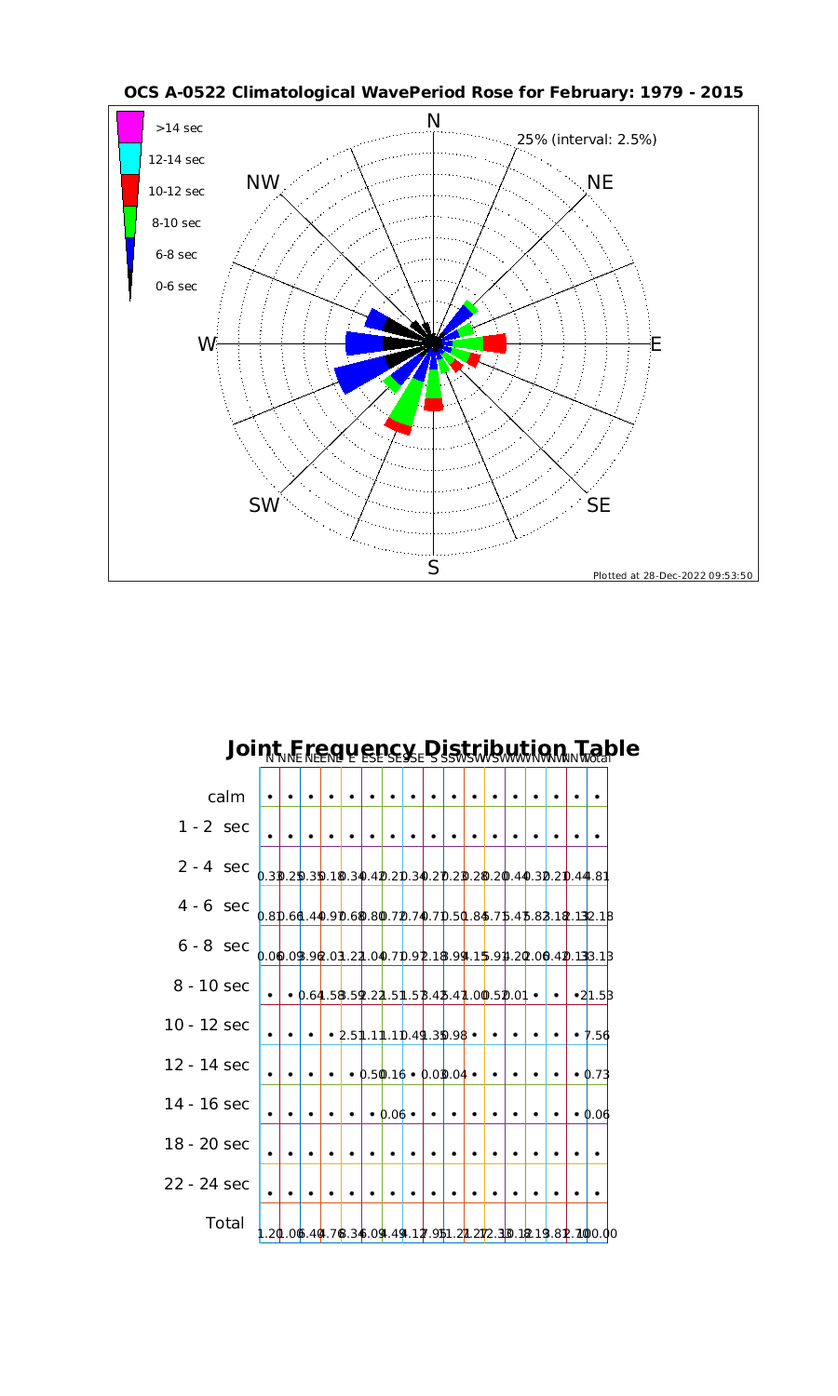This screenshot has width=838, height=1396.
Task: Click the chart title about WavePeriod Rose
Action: [433, 92]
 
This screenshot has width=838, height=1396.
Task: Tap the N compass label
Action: [433, 121]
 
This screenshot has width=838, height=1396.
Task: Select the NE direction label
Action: [601, 182]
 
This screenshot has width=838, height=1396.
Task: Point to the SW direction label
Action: [264, 505]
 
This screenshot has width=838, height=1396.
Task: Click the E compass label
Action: [656, 344]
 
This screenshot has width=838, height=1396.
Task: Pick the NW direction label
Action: [264, 183]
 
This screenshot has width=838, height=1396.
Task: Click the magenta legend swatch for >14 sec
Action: [130, 127]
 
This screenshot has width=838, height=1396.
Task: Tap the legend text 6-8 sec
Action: [177, 254]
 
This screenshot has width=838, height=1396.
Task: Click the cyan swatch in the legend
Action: [130, 158]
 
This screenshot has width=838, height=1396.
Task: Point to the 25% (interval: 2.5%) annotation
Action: [587, 140]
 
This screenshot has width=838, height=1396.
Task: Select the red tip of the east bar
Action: [495, 343]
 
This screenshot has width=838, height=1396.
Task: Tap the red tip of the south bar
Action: [433, 404]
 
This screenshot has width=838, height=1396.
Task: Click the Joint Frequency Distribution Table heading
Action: [433, 748]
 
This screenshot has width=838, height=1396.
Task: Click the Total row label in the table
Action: [224, 1223]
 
